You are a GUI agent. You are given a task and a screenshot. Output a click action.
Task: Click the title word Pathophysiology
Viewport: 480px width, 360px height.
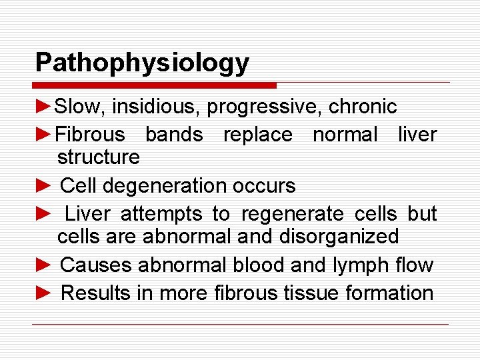142,63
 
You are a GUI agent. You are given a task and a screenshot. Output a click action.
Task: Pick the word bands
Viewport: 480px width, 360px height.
174,135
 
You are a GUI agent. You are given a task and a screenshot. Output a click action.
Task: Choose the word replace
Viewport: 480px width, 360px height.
257,135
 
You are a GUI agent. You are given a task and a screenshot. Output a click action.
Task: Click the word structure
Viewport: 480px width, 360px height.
98,157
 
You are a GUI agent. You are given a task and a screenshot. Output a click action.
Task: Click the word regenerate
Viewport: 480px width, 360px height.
293,214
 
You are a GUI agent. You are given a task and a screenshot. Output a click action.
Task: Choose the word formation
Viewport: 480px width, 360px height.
394,293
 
